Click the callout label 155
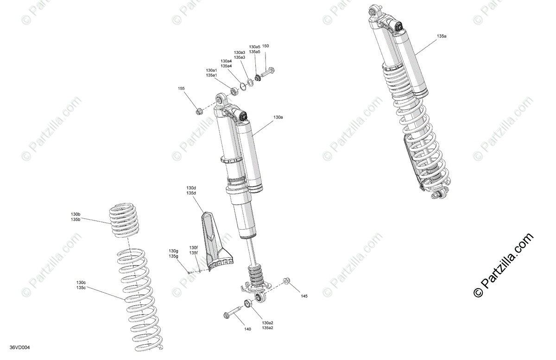(181, 88)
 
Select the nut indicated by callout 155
(199, 112)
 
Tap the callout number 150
(265, 46)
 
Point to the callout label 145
(304, 296)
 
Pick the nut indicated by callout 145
(286, 281)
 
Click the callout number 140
(247, 329)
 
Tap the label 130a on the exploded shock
(278, 117)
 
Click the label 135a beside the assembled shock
(442, 36)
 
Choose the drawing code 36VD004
(19, 347)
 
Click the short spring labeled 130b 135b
(124, 221)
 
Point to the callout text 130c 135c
(81, 285)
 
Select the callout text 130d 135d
(191, 190)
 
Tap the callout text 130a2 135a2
(268, 325)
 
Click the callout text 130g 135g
(173, 253)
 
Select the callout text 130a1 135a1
(211, 73)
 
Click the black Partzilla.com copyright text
(504, 265)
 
